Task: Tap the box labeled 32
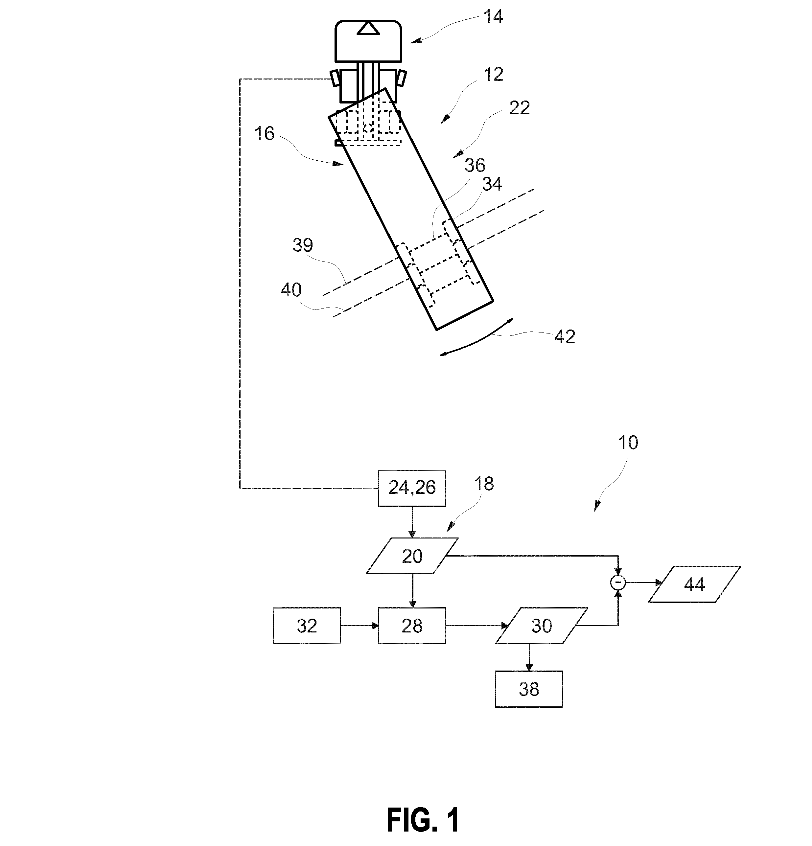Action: point(307,626)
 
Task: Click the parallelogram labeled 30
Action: point(541,626)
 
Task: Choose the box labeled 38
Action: point(529,689)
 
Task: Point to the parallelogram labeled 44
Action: point(694,584)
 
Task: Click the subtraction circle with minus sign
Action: point(618,583)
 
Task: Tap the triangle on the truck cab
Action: point(368,29)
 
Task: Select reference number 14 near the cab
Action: point(493,17)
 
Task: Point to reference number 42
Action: point(565,337)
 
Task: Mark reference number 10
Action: point(628,443)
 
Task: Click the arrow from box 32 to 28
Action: point(360,626)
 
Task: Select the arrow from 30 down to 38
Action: point(529,657)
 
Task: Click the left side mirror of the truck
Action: point(335,79)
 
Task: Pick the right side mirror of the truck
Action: point(402,78)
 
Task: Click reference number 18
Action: point(484,484)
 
